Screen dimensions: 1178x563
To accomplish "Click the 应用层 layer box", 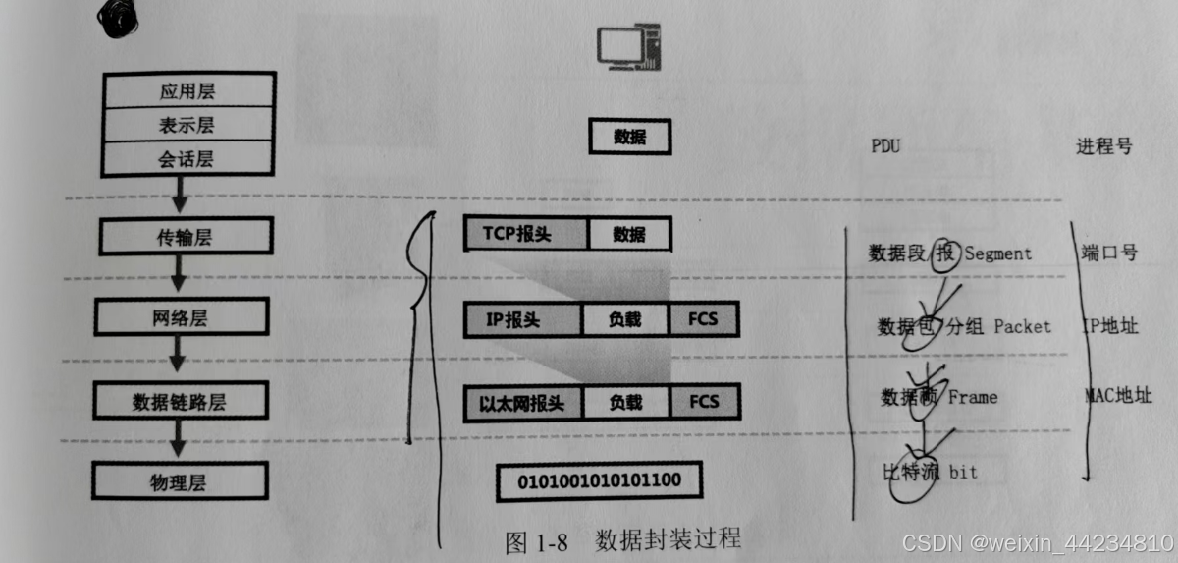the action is tap(187, 91).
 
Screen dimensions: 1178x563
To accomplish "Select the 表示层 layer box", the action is tap(187, 125).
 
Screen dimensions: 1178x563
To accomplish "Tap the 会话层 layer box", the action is tap(187, 158).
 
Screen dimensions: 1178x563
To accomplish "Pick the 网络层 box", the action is tap(183, 318).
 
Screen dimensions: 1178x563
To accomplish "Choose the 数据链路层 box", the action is tap(183, 401).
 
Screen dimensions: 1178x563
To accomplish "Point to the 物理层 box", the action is tap(183, 481).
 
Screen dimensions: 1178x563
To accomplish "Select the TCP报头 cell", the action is tap(525, 234).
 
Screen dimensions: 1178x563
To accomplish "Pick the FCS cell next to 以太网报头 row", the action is tap(704, 402).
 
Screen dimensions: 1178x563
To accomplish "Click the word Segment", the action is tap(997, 253).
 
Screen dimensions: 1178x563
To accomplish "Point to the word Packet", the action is tap(1022, 326).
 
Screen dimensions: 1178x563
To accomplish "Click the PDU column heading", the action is tap(884, 146).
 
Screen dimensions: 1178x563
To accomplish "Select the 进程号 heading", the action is tap(1103, 146).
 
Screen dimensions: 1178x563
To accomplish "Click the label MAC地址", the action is tap(1117, 397).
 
